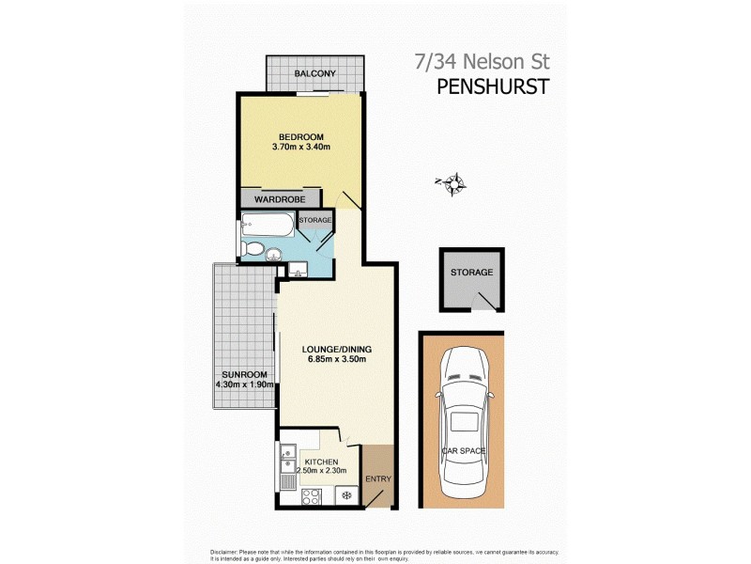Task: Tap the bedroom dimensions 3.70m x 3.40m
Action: click(x=300, y=147)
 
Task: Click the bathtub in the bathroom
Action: click(x=268, y=226)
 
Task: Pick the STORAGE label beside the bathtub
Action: click(x=315, y=220)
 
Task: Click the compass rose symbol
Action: click(x=455, y=183)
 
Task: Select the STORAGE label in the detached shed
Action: click(x=471, y=272)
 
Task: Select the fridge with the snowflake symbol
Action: click(x=345, y=495)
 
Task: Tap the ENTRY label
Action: click(x=379, y=478)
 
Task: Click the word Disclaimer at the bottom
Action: click(x=226, y=551)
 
